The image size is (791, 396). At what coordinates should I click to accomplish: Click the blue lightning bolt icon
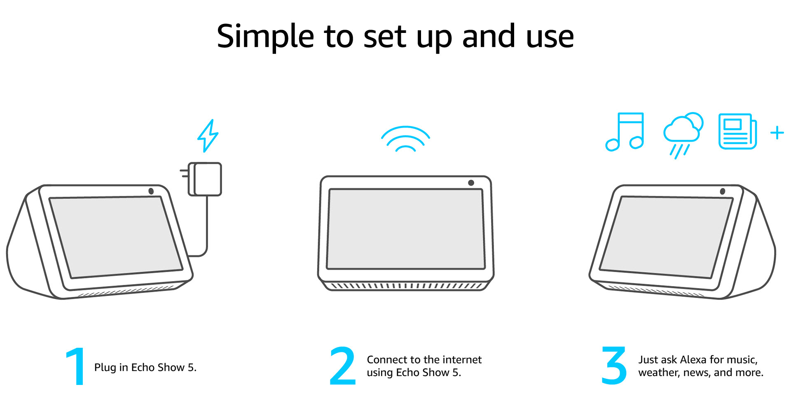(x=208, y=136)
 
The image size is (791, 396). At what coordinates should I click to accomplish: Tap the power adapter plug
(x=206, y=179)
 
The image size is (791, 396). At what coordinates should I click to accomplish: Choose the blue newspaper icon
(x=737, y=131)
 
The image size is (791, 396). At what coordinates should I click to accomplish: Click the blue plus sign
(x=777, y=133)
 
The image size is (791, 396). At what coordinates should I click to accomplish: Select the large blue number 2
(x=342, y=366)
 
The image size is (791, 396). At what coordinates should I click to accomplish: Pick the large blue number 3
(x=614, y=366)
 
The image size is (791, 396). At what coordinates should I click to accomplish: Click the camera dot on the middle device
(x=471, y=183)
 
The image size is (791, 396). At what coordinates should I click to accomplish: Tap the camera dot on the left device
(x=151, y=191)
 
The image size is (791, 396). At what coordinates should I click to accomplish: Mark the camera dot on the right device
(x=722, y=191)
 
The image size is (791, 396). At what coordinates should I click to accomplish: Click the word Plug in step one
(x=105, y=368)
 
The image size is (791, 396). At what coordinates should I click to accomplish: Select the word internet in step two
(x=461, y=360)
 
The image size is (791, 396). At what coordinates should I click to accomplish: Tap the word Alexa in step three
(x=694, y=360)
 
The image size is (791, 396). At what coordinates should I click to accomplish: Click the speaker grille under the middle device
(x=406, y=285)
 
